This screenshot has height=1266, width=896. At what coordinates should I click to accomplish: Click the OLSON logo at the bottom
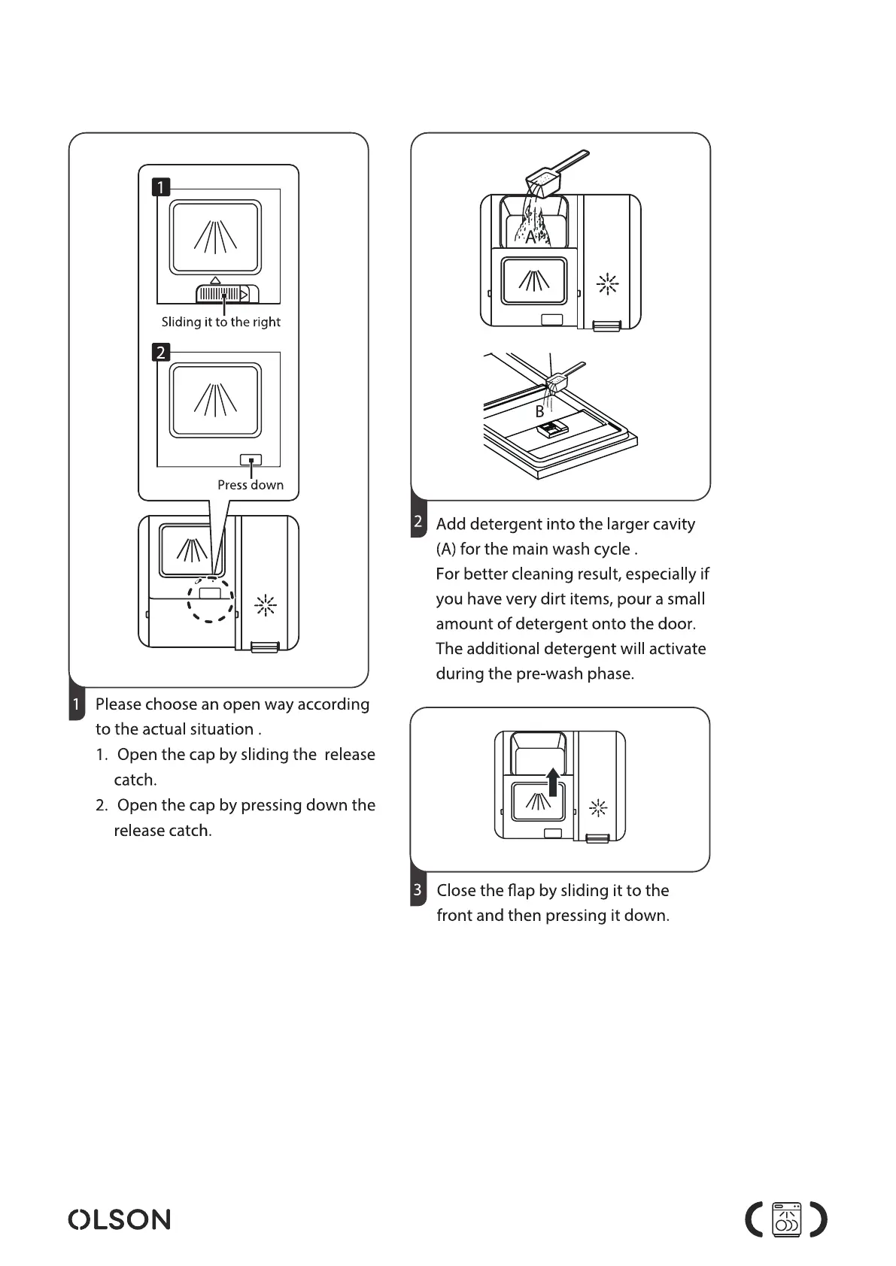(x=119, y=1219)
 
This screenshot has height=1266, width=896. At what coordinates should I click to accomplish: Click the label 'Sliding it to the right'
(x=220, y=322)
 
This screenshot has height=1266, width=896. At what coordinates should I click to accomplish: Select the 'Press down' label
(x=251, y=485)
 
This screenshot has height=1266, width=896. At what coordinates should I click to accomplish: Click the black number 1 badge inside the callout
(x=161, y=186)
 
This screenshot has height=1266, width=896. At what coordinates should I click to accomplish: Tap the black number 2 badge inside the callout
(x=161, y=352)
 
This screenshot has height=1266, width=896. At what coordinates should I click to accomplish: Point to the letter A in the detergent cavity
(x=530, y=238)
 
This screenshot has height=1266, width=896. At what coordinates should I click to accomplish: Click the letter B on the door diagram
(x=539, y=412)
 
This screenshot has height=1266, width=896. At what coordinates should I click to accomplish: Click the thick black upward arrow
(x=553, y=781)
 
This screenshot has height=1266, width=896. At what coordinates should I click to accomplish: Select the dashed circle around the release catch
(x=211, y=600)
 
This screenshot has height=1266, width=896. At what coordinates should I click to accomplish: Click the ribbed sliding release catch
(x=223, y=294)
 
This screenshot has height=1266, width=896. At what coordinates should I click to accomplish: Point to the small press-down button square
(x=251, y=459)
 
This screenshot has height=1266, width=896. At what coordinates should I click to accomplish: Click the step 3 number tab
(x=418, y=890)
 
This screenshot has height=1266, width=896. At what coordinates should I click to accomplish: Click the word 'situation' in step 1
(x=217, y=729)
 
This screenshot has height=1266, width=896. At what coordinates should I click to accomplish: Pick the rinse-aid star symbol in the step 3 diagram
(x=598, y=809)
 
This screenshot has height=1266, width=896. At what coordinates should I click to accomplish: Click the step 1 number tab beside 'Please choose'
(x=76, y=705)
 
